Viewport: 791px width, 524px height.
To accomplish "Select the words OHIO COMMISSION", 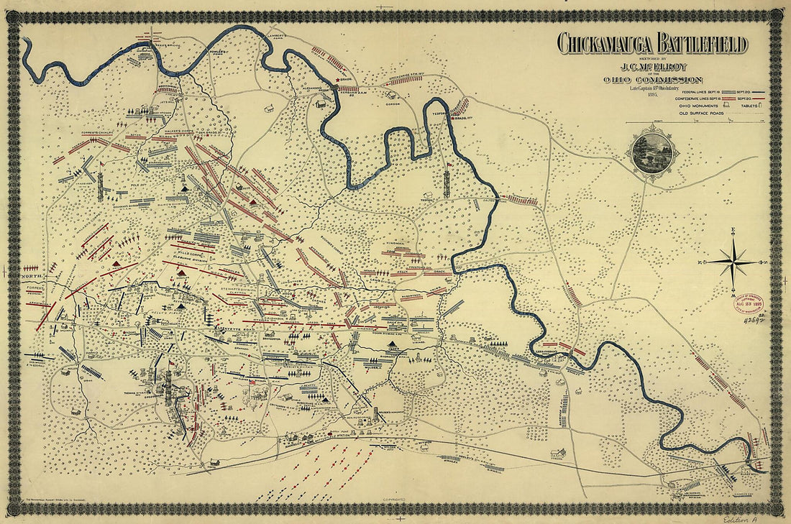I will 652,80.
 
